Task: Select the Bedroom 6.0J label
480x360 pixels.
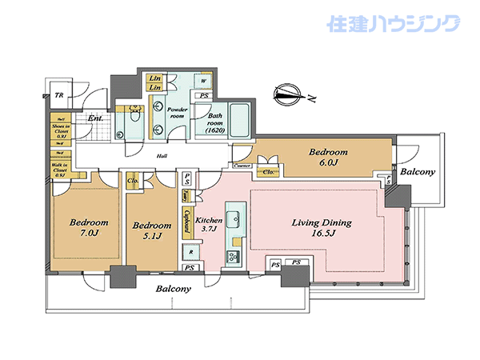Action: point(329,157)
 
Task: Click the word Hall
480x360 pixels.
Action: point(161,157)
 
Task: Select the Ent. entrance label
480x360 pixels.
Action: point(96,120)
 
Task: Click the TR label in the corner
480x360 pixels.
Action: point(58,96)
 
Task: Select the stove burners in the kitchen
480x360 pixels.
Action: point(236,257)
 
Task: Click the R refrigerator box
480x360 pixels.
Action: point(191,253)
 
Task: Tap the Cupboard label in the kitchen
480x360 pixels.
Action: point(186,219)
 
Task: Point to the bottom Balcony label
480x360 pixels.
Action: point(174,288)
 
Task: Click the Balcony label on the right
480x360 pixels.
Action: point(418,172)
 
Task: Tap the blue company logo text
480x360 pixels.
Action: point(394,23)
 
